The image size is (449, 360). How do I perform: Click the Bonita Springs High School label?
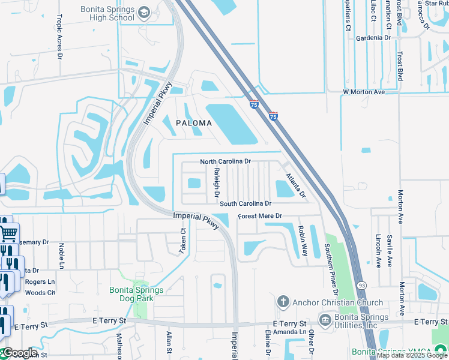[x=108, y=13]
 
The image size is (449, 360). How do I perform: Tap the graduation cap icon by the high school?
[x=143, y=12]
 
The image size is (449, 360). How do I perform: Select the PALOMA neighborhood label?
[x=194, y=123]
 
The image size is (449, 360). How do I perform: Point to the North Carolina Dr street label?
[x=225, y=162]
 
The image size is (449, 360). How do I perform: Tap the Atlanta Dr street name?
[x=295, y=186]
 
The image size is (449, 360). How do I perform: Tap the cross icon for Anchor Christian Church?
[x=283, y=302]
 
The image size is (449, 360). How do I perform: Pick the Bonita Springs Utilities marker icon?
[x=325, y=319]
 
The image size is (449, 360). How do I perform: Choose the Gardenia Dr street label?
[x=373, y=38]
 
